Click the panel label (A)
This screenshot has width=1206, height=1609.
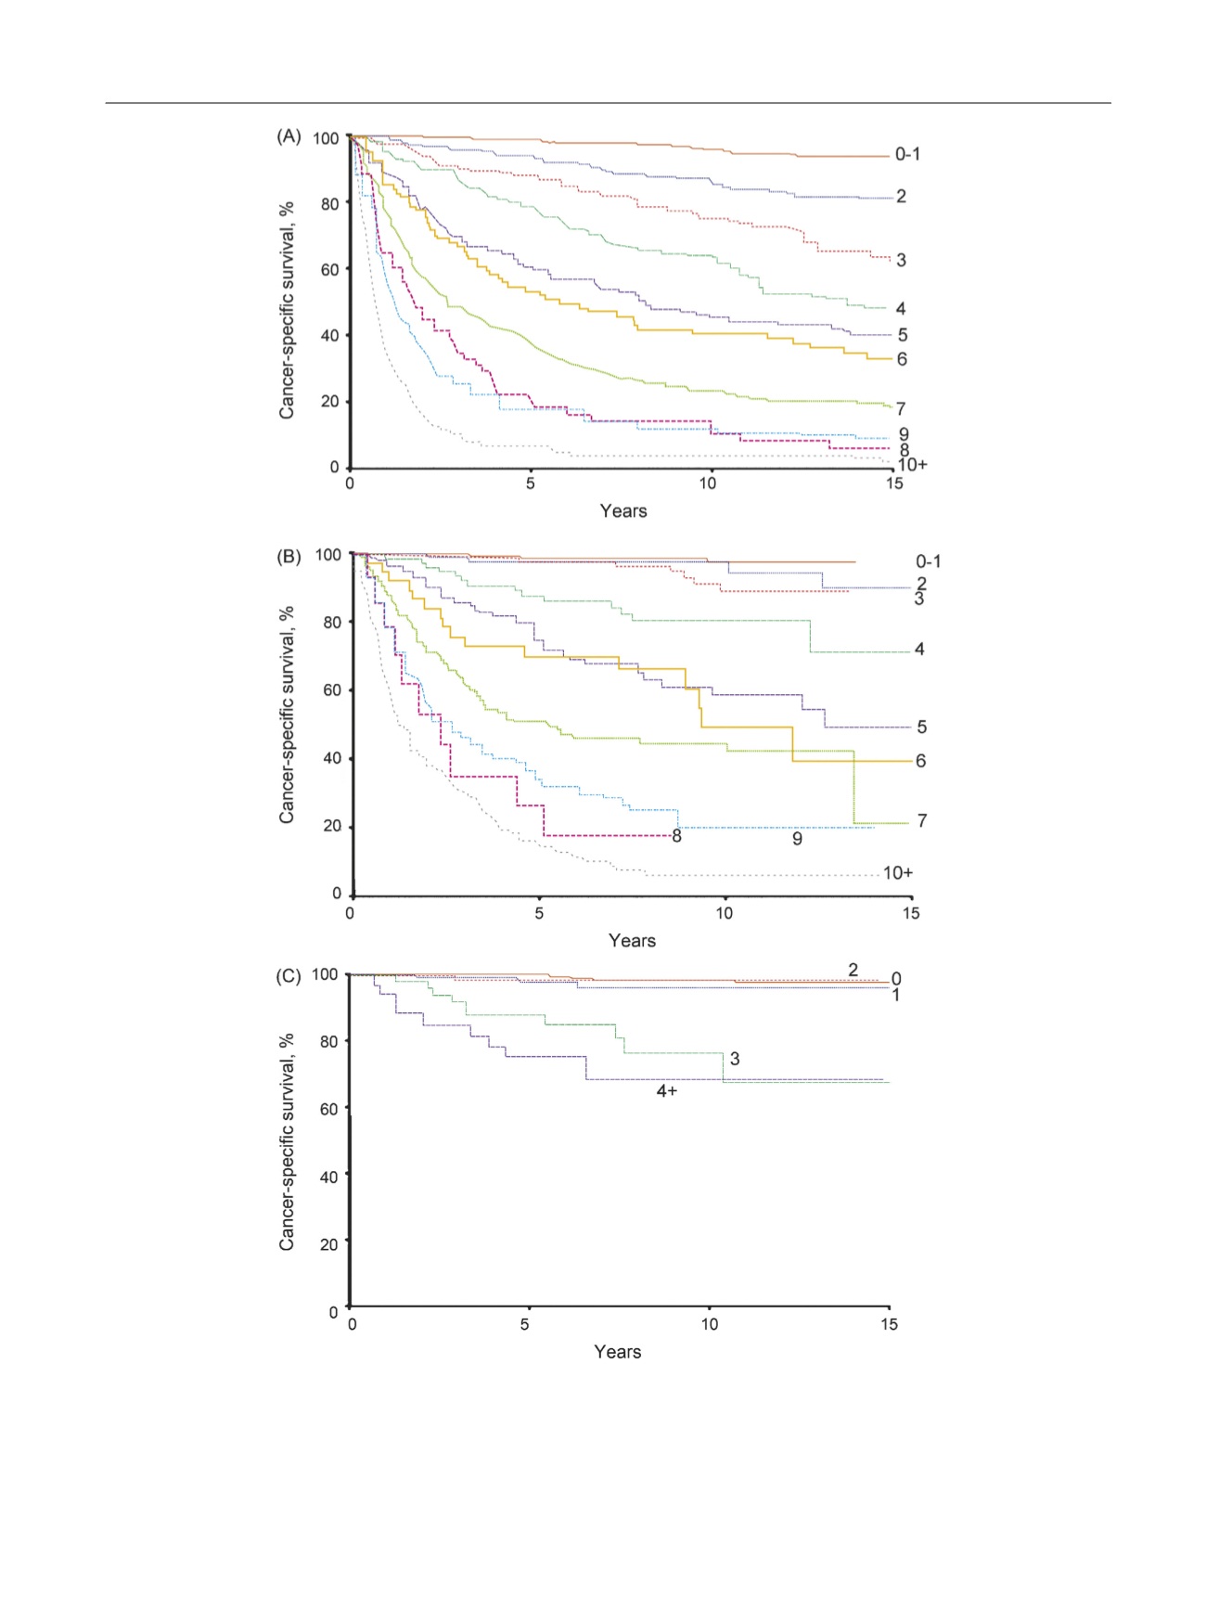tap(289, 136)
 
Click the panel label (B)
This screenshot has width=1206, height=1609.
tap(289, 557)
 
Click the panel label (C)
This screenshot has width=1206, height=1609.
tap(289, 976)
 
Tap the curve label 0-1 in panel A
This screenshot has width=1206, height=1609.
tap(907, 154)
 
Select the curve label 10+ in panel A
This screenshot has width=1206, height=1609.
tap(912, 465)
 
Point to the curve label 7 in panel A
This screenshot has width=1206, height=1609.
tap(901, 409)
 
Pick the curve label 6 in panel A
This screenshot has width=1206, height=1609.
tap(902, 359)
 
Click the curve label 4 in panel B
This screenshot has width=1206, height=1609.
tap(919, 650)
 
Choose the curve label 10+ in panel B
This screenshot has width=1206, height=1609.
tap(898, 873)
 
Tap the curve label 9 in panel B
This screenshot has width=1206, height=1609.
tap(797, 839)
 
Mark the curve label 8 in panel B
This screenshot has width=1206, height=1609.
tap(677, 837)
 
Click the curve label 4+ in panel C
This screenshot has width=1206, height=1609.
tap(667, 1091)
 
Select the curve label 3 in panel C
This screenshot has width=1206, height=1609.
tap(735, 1059)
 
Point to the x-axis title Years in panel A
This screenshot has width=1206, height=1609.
tap(623, 511)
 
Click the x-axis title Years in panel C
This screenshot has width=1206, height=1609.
tap(618, 1352)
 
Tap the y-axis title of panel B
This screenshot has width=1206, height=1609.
tap(288, 714)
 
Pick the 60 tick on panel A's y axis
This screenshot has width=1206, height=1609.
tap(330, 270)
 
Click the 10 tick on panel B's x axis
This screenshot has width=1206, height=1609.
tap(724, 913)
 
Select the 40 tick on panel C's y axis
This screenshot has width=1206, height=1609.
tap(327, 1177)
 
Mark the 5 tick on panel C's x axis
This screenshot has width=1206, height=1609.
tap(525, 1325)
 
